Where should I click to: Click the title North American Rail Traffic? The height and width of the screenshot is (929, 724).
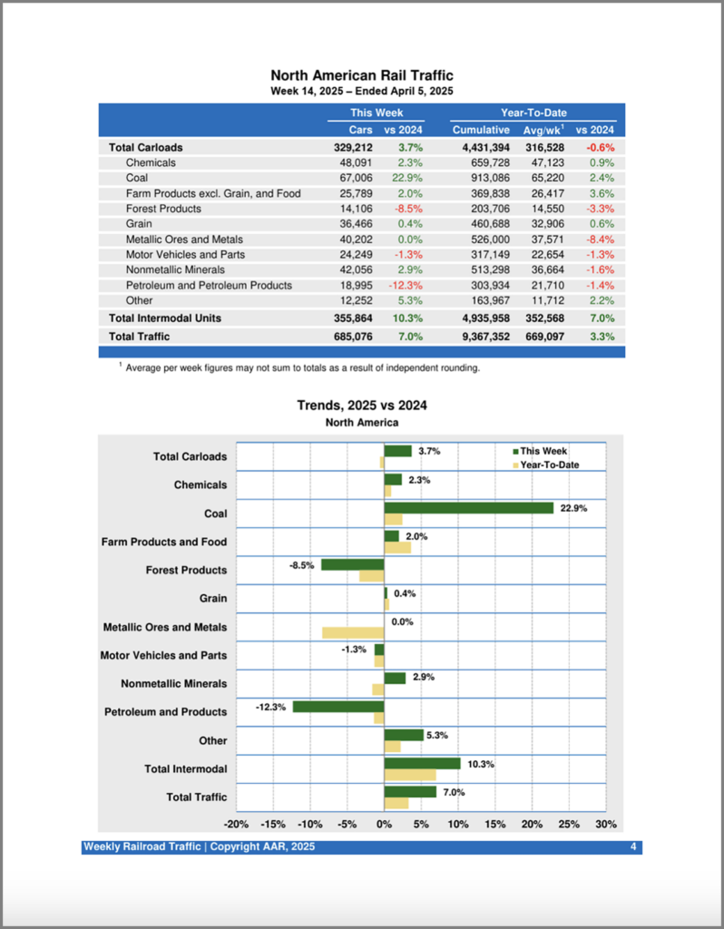362,75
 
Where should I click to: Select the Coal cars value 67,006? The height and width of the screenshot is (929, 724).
354,178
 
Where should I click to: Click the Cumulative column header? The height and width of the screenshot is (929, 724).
481,130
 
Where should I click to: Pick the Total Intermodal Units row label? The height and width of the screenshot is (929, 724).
165,318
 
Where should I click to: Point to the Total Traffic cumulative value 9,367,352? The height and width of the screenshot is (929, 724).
481,337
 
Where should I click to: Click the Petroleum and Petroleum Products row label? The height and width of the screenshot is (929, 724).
209,285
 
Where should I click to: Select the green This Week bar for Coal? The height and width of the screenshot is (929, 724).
468,508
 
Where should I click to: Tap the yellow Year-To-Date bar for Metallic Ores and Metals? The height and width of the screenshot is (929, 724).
353,632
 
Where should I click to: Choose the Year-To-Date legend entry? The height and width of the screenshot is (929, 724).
549,464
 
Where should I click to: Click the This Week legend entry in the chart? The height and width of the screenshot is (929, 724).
543,451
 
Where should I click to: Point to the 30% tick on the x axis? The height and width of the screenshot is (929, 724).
606,825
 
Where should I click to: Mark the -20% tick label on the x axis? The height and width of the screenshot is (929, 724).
236,825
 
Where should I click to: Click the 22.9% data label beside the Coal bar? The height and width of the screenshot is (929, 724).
573,508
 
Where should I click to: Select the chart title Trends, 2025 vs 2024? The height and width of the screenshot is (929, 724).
362,406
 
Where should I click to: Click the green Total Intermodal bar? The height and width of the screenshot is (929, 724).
422,763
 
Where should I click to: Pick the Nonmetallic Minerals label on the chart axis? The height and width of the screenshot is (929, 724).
174,684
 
